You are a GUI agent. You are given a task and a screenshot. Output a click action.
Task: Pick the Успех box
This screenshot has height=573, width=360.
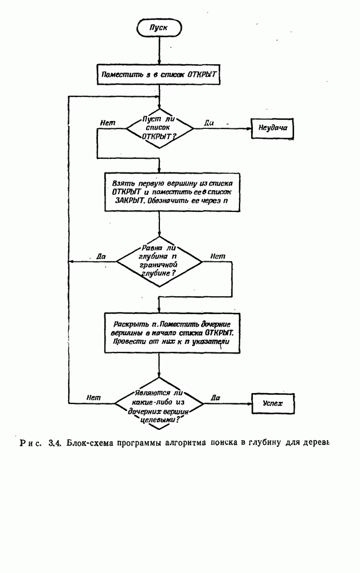(272, 403)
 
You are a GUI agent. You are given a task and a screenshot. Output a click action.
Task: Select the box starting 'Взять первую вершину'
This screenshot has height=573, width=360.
(171, 193)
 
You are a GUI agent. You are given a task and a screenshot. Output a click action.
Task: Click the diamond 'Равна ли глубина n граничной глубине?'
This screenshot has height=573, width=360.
(159, 262)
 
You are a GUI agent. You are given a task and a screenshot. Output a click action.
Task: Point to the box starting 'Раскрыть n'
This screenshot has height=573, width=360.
(171, 331)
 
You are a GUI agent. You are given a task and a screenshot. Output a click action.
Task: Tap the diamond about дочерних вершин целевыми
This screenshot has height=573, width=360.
(159, 405)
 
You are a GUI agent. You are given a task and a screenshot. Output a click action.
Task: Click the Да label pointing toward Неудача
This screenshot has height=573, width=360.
(209, 122)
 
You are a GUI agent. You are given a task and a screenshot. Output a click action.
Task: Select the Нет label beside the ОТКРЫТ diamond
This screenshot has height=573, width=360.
(107, 122)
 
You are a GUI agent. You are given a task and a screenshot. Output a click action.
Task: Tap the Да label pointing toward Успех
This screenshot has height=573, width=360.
(216, 397)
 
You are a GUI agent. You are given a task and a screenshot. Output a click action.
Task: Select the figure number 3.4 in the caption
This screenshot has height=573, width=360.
(55, 442)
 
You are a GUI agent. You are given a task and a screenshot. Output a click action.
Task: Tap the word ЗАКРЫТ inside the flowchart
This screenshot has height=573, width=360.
(124, 202)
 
